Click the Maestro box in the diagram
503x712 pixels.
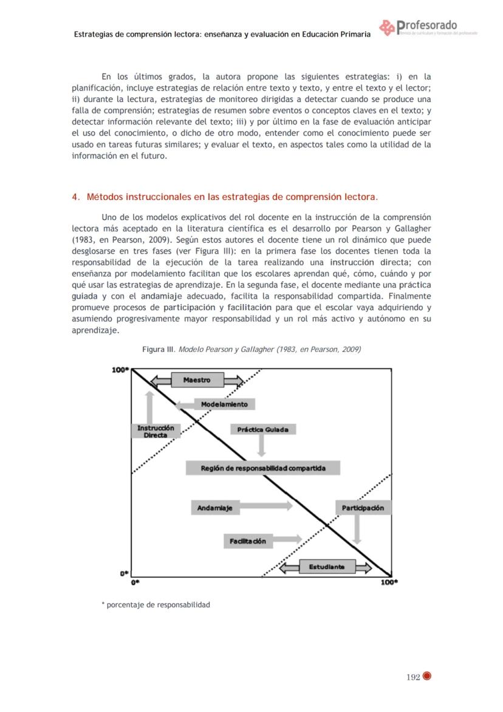pyautogui.click(x=197, y=380)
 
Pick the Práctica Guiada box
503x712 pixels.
pyautogui.click(x=262, y=429)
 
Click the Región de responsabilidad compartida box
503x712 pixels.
pyautogui.click(x=262, y=468)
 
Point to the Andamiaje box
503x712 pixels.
pyautogui.click(x=214, y=508)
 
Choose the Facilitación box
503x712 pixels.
pyautogui.click(x=247, y=541)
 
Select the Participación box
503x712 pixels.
pyautogui.click(x=362, y=508)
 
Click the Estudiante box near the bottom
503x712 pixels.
pyautogui.click(x=326, y=567)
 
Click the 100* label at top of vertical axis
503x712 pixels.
pyautogui.click(x=120, y=370)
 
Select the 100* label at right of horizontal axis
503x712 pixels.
pyautogui.click(x=389, y=582)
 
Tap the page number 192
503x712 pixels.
pyautogui.click(x=413, y=677)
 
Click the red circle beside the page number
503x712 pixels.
pyautogui.click(x=427, y=676)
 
